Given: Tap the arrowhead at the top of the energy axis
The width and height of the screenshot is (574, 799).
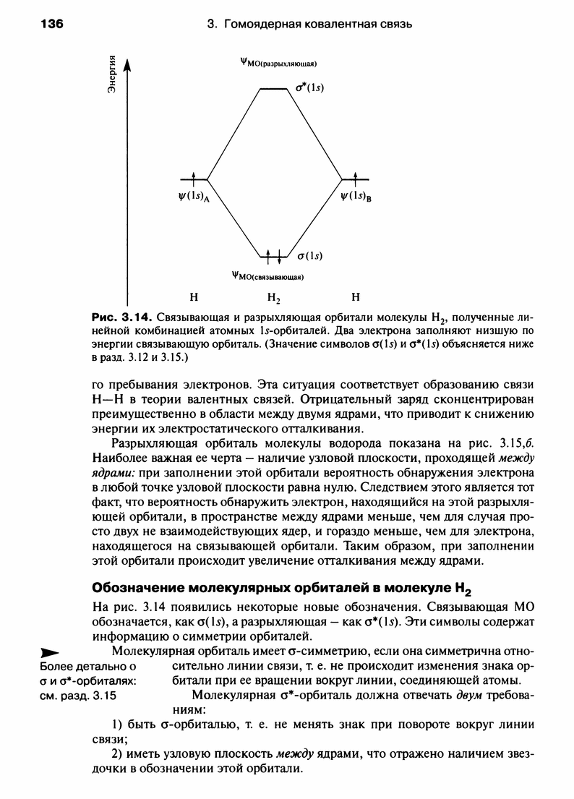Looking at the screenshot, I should (128, 66).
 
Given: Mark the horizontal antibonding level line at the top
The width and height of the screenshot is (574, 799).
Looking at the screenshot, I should (274, 88).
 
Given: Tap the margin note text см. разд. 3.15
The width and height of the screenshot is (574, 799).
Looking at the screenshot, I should (77, 697).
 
